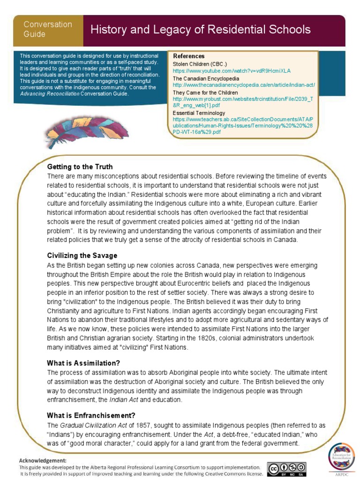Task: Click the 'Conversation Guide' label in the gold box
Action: (x=48, y=29)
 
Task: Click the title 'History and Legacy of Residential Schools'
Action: (x=200, y=30)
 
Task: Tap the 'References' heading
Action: (x=188, y=56)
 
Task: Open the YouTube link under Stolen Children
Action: (x=232, y=71)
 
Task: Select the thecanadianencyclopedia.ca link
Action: (x=243, y=85)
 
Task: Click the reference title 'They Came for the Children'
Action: (x=205, y=93)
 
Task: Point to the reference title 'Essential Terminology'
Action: (x=199, y=113)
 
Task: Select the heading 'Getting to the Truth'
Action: (x=80, y=167)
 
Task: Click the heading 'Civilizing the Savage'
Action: (x=82, y=255)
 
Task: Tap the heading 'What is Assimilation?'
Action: (x=83, y=363)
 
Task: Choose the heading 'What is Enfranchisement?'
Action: (x=91, y=415)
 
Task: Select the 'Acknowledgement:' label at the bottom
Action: (x=43, y=460)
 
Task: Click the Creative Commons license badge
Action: (x=286, y=469)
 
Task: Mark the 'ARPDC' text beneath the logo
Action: (x=341, y=474)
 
